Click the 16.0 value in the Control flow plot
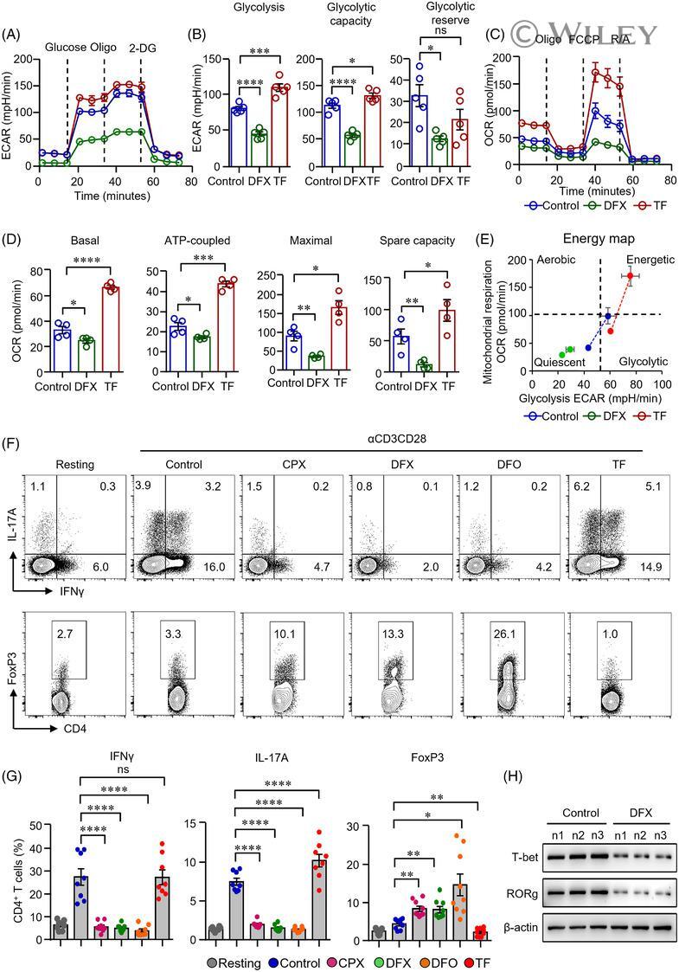pos(220,564)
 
